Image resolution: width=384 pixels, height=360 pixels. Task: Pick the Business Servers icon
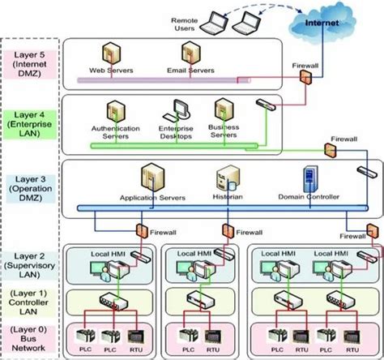[x=222, y=109]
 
